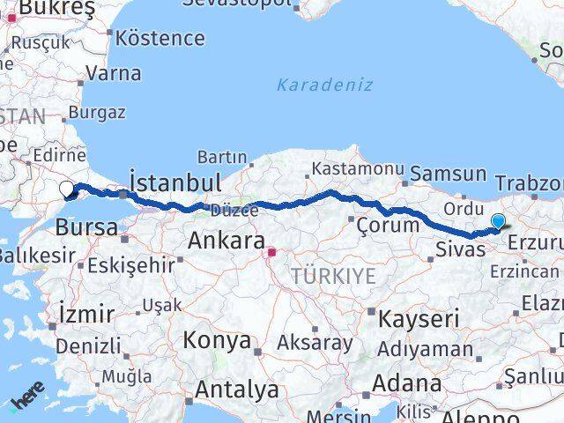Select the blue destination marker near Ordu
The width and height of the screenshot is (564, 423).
(498, 222)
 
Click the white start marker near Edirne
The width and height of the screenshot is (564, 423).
(67, 187)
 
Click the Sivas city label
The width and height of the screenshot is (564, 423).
(460, 249)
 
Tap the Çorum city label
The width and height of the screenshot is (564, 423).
(388, 225)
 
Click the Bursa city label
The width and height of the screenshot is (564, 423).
(86, 227)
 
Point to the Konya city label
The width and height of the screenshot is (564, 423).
(217, 340)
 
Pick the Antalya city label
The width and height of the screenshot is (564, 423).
(237, 389)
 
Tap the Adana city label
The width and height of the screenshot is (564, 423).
(406, 384)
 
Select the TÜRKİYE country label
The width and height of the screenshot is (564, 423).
(334, 276)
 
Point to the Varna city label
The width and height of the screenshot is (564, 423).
(114, 73)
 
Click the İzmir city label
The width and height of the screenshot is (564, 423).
(85, 313)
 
